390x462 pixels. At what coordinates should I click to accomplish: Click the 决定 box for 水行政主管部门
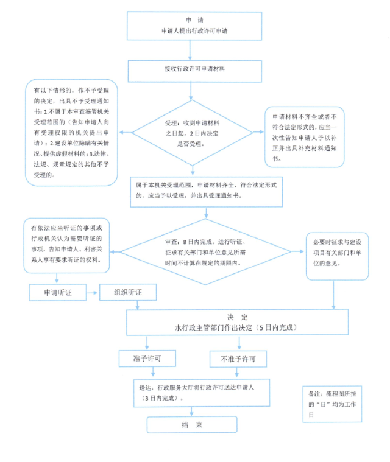(237, 322)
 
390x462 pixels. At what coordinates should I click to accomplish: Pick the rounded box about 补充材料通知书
(304, 136)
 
